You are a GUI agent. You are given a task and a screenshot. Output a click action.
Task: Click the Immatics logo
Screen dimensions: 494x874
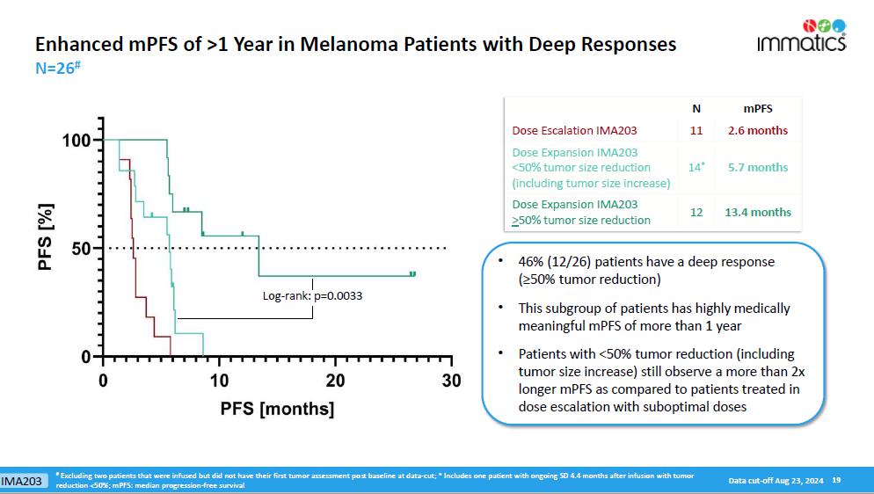[801, 36]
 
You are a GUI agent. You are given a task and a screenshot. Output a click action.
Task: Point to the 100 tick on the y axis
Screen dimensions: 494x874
[78, 141]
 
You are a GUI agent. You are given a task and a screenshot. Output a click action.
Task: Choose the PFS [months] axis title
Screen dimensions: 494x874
[277, 409]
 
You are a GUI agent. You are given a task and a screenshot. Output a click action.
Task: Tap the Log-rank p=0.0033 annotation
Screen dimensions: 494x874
[312, 295]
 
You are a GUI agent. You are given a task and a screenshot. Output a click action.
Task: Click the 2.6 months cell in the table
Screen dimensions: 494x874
[758, 131]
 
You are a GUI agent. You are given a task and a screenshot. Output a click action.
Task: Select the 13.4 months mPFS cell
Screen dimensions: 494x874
[758, 212]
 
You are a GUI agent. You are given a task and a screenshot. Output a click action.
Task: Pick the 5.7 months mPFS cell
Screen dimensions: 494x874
[758, 167]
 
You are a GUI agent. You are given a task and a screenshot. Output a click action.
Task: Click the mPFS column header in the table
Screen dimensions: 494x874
[758, 109]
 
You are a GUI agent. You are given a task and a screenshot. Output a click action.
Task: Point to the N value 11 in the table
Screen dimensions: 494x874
[696, 131]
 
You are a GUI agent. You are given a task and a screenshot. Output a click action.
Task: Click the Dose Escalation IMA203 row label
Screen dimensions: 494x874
[574, 131]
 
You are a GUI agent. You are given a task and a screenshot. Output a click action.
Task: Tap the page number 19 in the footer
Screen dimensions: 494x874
[836, 480]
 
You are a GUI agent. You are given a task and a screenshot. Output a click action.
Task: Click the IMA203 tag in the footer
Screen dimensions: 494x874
[22, 481]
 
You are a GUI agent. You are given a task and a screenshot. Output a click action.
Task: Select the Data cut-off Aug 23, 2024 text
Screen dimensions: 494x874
[776, 480]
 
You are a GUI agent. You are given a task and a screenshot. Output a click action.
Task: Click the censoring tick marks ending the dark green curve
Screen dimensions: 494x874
[412, 274]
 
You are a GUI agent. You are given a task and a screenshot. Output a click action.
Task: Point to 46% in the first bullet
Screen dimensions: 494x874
[531, 262]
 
